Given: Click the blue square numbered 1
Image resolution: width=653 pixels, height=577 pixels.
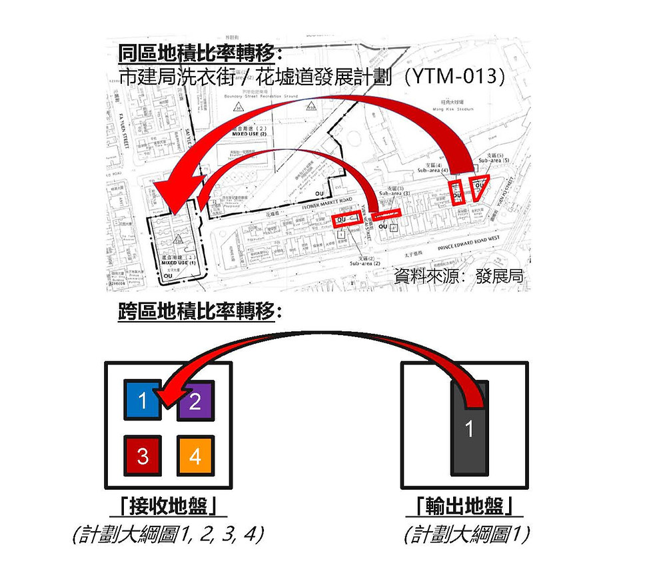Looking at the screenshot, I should [141, 400].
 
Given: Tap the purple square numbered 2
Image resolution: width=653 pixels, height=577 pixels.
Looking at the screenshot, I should [195, 401].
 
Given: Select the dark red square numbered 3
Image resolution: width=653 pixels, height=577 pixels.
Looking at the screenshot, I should [141, 456].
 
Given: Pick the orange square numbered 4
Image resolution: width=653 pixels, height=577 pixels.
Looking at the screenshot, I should [195, 456].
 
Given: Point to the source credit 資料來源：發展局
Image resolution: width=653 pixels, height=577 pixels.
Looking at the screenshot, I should [459, 275].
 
